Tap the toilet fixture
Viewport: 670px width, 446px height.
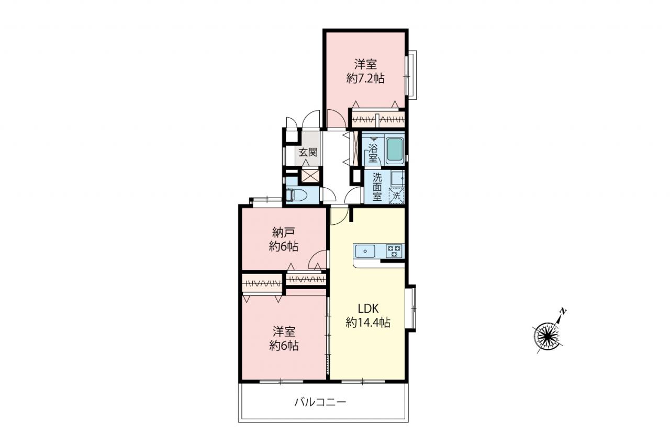click(296, 196)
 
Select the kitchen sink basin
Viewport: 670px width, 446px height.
click(365, 251)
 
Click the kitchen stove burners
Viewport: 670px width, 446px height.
click(394, 251)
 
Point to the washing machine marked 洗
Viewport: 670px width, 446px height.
click(396, 196)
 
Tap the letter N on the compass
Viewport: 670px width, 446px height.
click(563, 312)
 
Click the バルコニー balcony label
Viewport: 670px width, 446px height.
click(320, 402)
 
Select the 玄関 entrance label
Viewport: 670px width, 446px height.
click(308, 152)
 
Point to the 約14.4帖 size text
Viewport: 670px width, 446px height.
click(368, 323)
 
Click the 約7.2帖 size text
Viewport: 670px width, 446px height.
click(365, 78)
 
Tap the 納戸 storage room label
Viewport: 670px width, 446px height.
click(284, 232)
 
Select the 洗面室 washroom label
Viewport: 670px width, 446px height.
click(377, 187)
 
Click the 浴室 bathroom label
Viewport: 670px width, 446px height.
click(373, 153)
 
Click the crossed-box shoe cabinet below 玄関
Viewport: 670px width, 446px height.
click(311, 175)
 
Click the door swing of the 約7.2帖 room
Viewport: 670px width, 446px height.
click(337, 119)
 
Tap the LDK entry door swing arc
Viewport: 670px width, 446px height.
click(340, 216)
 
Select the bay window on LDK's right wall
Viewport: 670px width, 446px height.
click(411, 308)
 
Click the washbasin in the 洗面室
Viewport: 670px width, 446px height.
click(397, 178)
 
